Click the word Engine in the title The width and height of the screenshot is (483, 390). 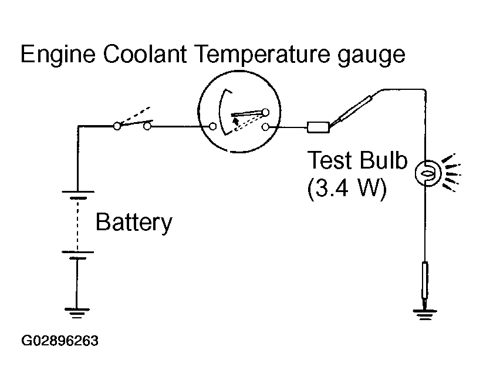tap(58, 55)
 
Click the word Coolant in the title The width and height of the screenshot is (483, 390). tap(144, 53)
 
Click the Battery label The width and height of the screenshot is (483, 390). tap(134, 222)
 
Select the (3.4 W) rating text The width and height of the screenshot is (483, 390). tap(347, 189)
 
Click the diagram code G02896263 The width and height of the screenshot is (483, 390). tap(60, 341)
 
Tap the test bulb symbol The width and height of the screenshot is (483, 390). tap(428, 173)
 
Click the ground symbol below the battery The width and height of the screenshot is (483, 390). tap(77, 313)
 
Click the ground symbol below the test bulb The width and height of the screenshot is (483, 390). tap(425, 315)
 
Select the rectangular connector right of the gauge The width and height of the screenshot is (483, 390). tap(318, 127)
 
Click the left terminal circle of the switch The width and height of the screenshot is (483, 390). tap(117, 126)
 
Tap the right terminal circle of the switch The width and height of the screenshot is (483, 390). tap(147, 126)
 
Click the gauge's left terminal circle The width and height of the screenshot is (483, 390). tap(212, 126)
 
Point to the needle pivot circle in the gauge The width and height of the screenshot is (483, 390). tap(266, 112)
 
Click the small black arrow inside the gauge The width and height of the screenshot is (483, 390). tap(236, 120)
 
